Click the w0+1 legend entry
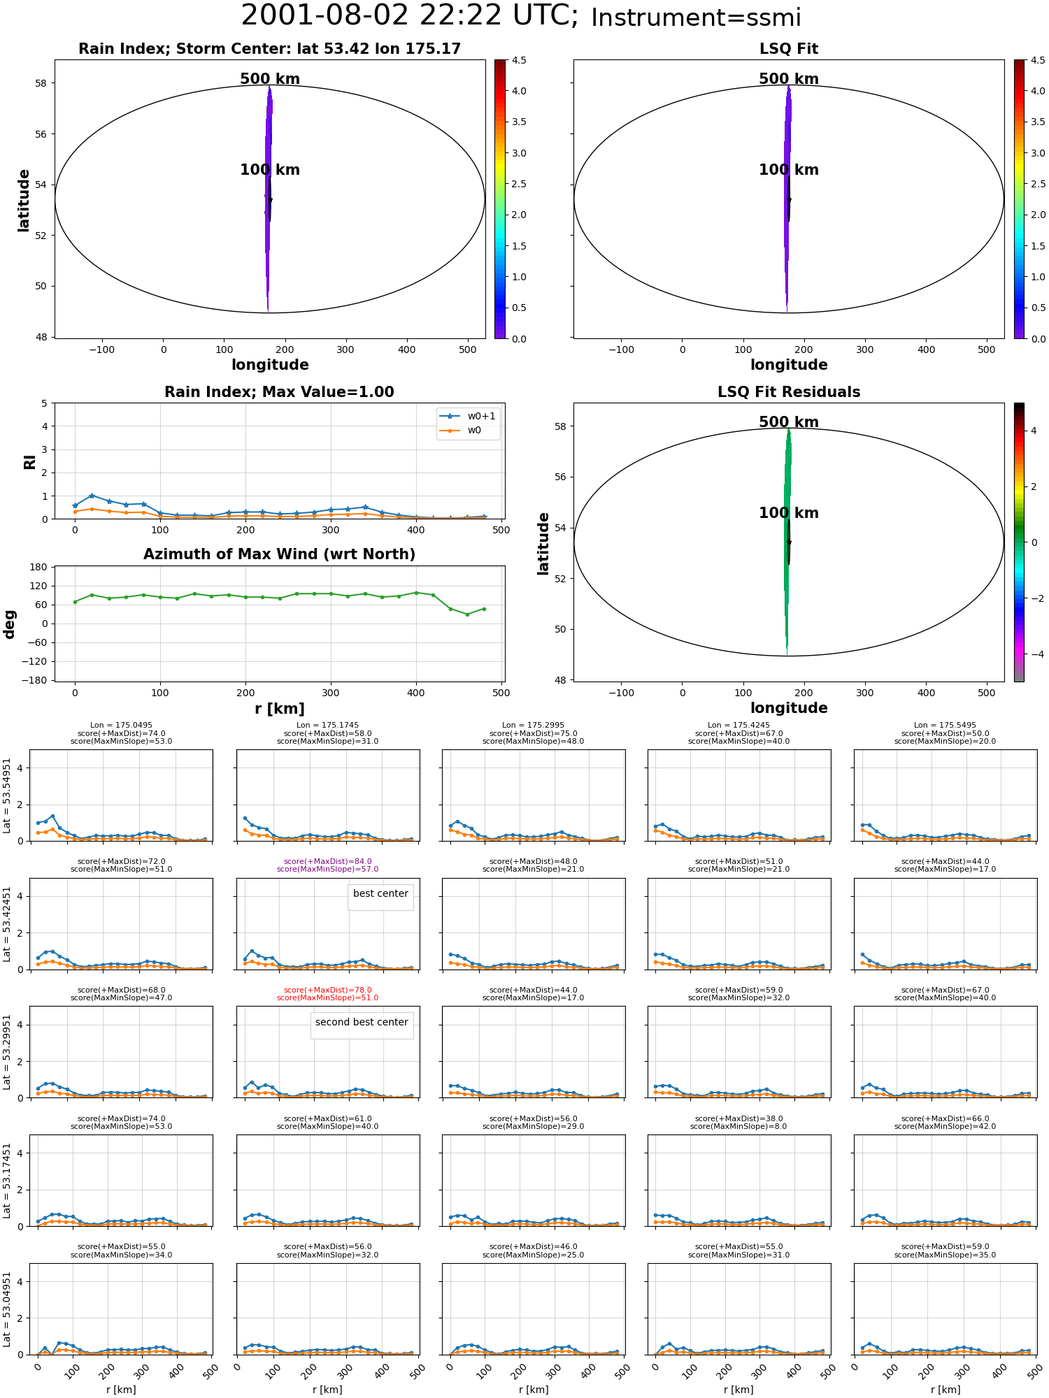(x=467, y=417)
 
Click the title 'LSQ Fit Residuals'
(x=789, y=392)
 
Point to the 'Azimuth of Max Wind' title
(x=279, y=554)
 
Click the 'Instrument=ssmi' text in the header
(x=696, y=17)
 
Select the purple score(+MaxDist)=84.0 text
(x=327, y=862)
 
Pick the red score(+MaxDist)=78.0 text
(x=327, y=990)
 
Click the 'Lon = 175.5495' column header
(x=945, y=726)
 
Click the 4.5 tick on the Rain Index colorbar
(x=519, y=60)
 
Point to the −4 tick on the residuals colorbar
(x=1033, y=654)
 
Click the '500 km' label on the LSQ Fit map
(x=789, y=79)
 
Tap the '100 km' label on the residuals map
(x=789, y=513)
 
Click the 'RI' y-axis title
(x=29, y=462)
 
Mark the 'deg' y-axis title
(x=9, y=624)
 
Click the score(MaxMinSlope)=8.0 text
(x=738, y=1127)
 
